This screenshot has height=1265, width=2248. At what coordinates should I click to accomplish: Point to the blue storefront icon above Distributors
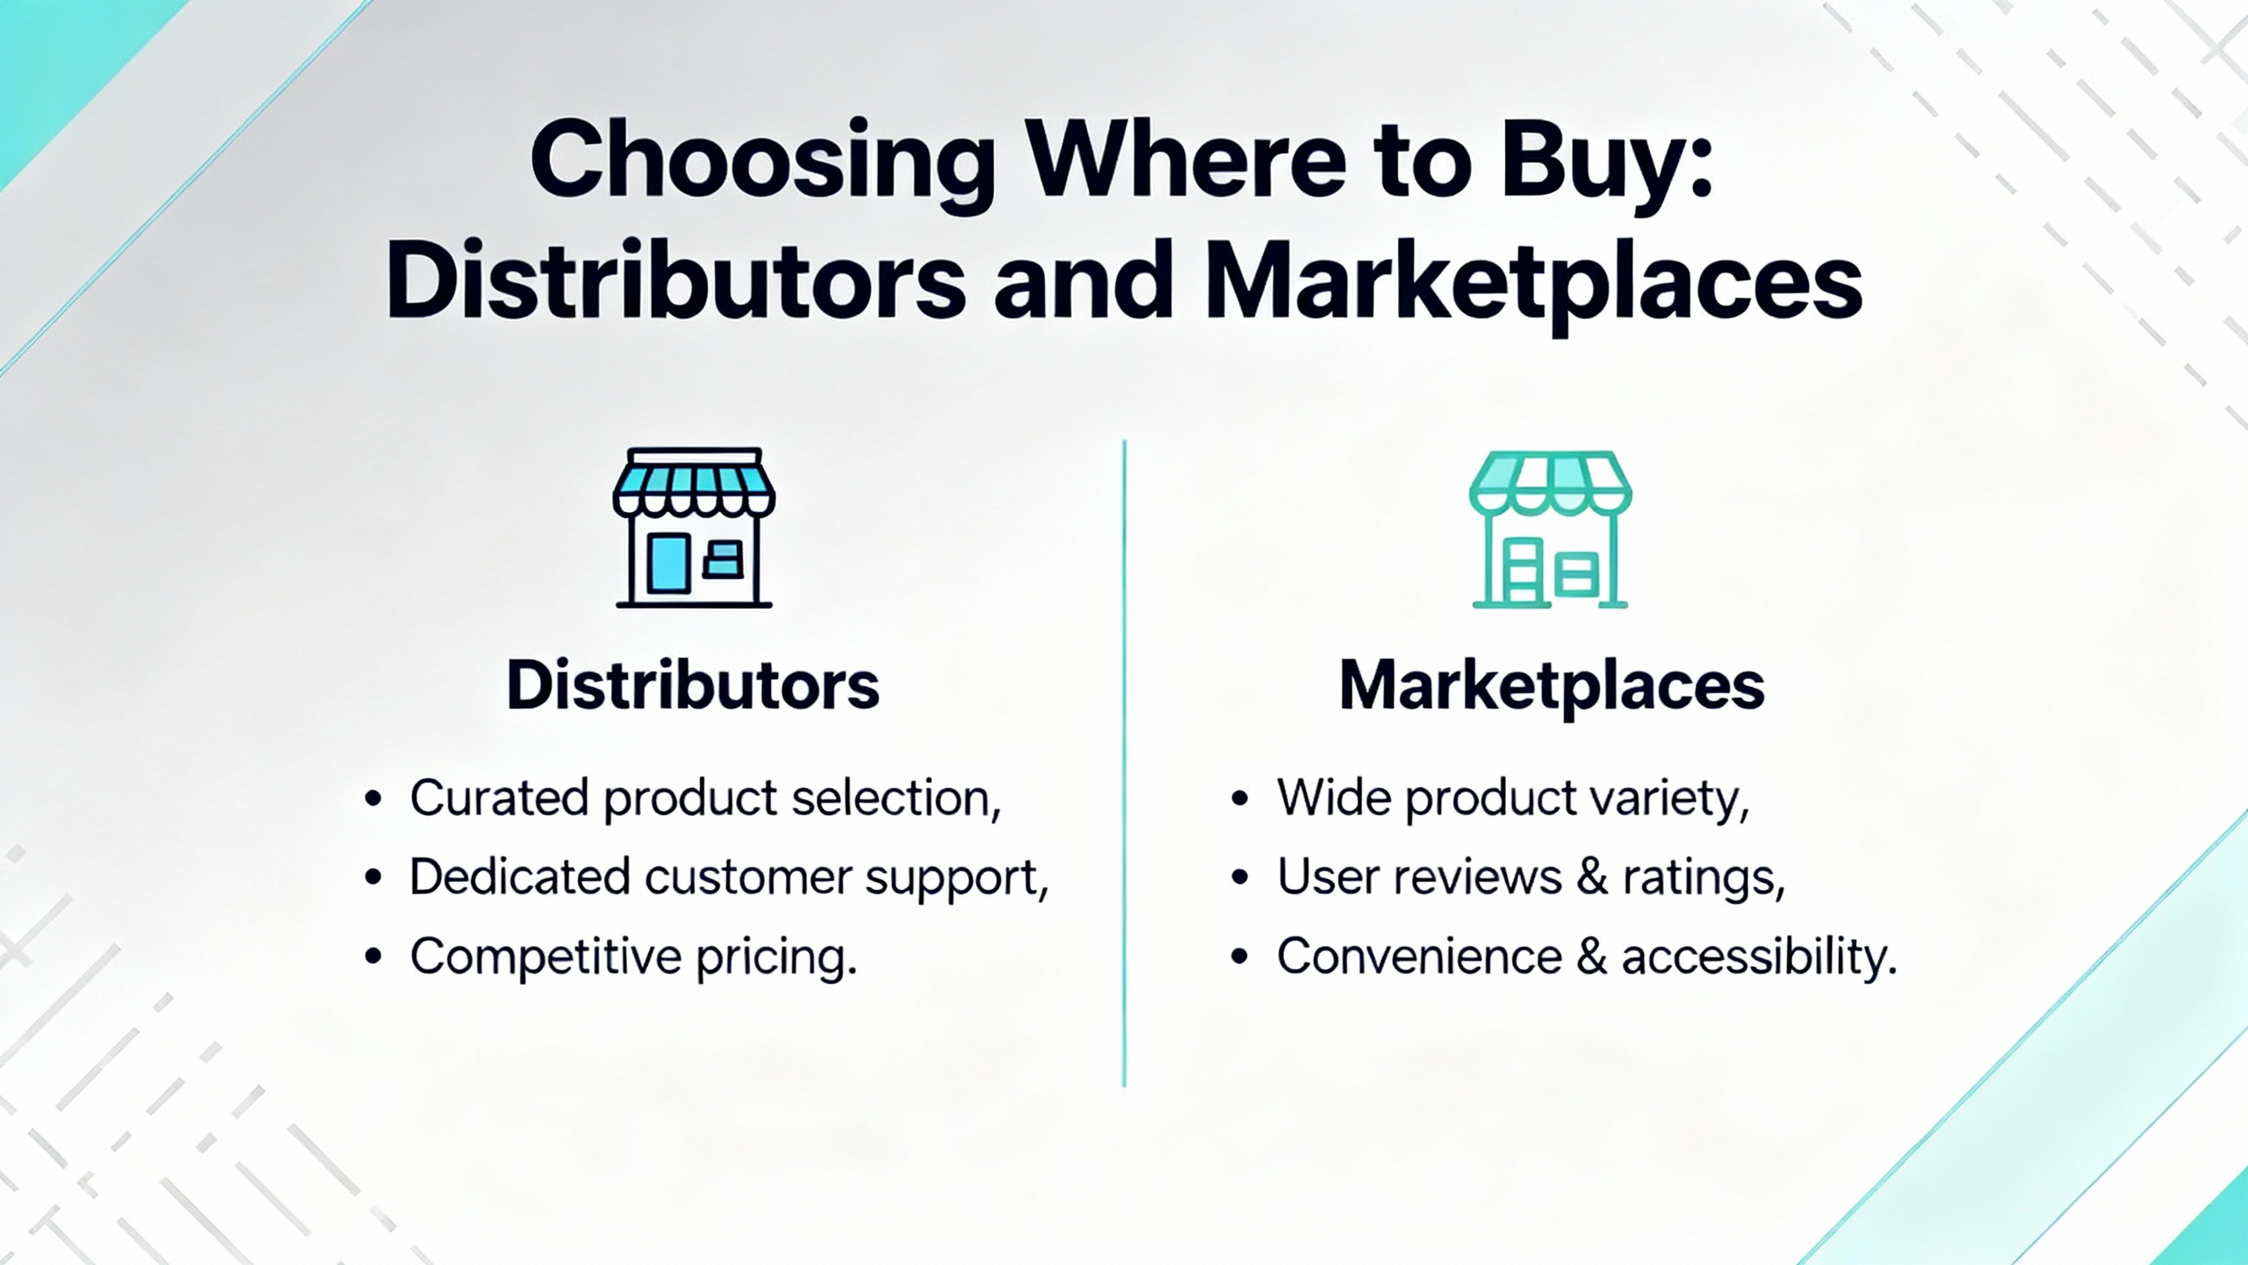[694, 527]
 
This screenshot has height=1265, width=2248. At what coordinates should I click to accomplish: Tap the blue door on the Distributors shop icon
[667, 563]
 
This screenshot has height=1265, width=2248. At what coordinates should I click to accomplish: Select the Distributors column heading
[693, 685]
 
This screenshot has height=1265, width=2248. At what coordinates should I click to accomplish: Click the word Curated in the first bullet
[499, 798]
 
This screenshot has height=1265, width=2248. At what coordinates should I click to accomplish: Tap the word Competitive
[545, 957]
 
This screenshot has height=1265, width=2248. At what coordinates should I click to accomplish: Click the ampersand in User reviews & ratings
[1591, 877]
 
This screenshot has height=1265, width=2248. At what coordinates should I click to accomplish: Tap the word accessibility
[1759, 957]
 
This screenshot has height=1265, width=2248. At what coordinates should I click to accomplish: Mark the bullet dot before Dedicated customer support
[373, 878]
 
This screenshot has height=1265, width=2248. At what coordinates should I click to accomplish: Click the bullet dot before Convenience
[1240, 957]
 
